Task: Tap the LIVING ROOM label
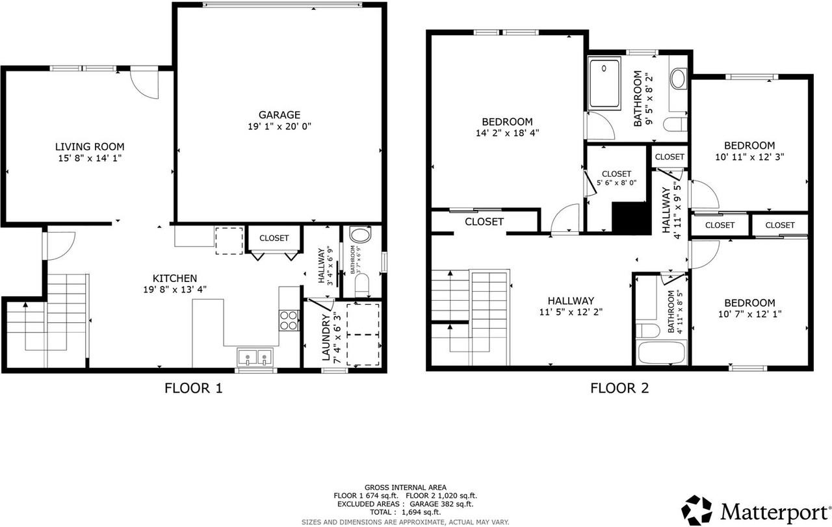tap(89, 147)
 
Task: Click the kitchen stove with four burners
tap(289, 319)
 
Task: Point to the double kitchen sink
tap(255, 356)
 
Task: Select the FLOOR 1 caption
tap(193, 389)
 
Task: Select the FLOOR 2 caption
tap(619, 389)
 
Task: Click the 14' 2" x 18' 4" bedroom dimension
tap(507, 133)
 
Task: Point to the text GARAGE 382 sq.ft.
tap(443, 504)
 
